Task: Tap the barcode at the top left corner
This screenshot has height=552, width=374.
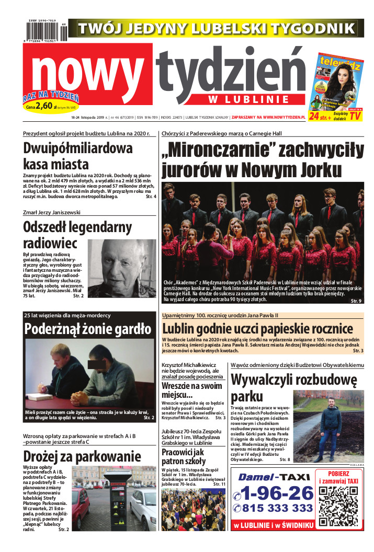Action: tap(45, 31)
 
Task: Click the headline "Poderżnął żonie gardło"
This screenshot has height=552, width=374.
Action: tap(88, 329)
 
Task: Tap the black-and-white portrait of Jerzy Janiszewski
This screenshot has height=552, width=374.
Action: tap(121, 268)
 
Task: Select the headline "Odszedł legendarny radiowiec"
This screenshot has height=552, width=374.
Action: tap(77, 235)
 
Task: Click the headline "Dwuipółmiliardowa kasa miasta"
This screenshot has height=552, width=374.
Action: tap(78, 156)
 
